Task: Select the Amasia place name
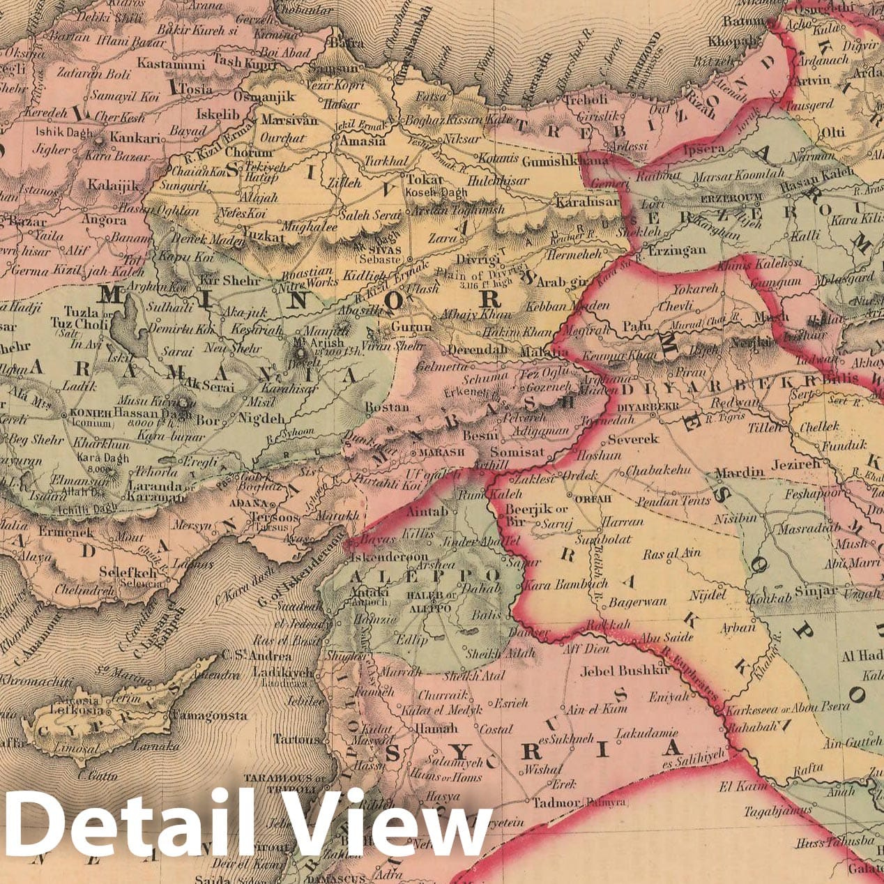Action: (360, 140)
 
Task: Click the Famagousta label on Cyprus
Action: (209, 715)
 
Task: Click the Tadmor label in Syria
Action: (556, 803)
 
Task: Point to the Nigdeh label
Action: (261, 419)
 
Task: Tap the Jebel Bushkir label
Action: (625, 669)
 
